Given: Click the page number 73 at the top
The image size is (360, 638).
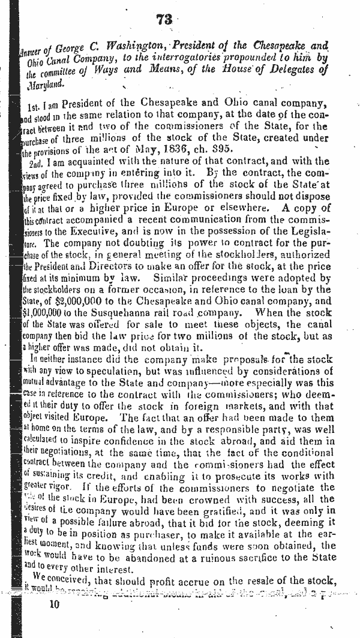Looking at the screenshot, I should (x=164, y=20).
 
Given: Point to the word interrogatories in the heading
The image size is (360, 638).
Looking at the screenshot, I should (x=203, y=58).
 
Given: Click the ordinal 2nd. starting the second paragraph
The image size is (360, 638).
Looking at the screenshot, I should (x=38, y=161).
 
